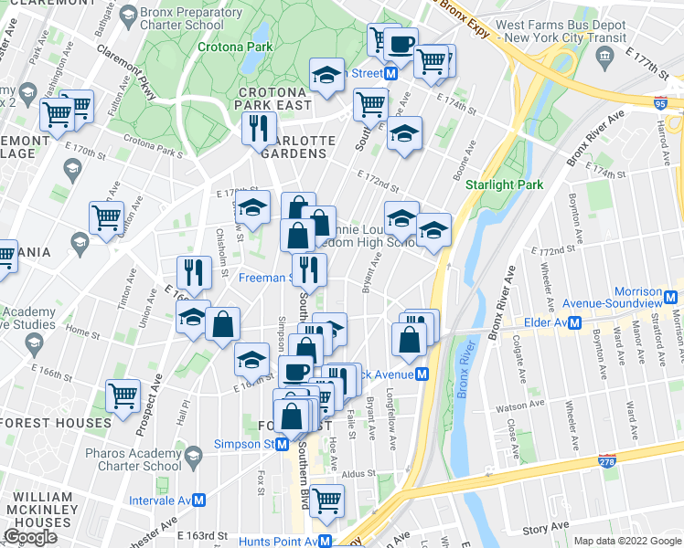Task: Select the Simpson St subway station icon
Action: (283, 445)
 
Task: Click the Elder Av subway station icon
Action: (575, 322)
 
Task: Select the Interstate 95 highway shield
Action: (661, 106)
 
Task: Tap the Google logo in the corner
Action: (30, 537)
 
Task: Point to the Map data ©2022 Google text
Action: (627, 541)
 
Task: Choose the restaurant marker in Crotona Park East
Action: (259, 128)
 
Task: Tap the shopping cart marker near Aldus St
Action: (326, 500)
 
